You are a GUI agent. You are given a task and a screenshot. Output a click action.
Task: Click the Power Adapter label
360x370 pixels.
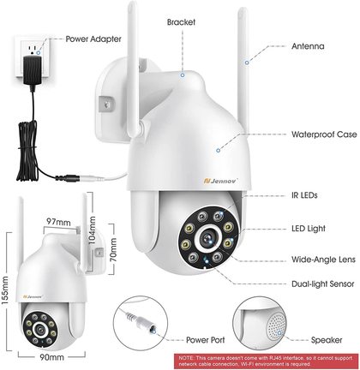[x=93, y=39]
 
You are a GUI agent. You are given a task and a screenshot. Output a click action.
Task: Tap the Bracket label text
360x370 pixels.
[x=181, y=22]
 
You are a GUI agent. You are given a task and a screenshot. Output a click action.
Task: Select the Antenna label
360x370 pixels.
[x=308, y=46]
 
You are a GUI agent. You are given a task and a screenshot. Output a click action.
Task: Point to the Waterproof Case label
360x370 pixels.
[x=324, y=134]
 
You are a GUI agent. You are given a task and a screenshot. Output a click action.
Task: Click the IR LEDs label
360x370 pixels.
[x=304, y=195]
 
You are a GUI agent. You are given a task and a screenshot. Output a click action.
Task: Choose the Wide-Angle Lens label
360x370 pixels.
[x=323, y=260]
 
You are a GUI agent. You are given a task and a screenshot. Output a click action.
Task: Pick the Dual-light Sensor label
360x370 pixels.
[x=323, y=284]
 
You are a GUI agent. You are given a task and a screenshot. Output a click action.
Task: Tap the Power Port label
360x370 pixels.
[x=206, y=340]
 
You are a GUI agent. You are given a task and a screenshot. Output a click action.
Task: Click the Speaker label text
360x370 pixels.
[x=327, y=340]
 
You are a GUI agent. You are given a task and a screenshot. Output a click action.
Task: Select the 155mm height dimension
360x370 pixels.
[x=5, y=290]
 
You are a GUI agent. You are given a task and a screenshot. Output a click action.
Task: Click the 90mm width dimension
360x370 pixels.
[x=51, y=357]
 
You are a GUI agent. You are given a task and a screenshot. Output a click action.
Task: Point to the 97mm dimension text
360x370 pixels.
[x=58, y=222]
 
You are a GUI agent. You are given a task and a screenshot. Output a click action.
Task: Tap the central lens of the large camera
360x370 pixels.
[x=208, y=238]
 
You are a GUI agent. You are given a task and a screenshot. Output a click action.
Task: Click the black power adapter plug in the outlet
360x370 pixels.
[x=33, y=71]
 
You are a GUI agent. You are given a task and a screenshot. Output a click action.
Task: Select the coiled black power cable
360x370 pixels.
[x=27, y=151]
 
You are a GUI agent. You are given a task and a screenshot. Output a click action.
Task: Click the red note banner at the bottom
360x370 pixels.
[x=267, y=361]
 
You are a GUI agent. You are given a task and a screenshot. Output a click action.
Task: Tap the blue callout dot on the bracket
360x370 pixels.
[x=183, y=75]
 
